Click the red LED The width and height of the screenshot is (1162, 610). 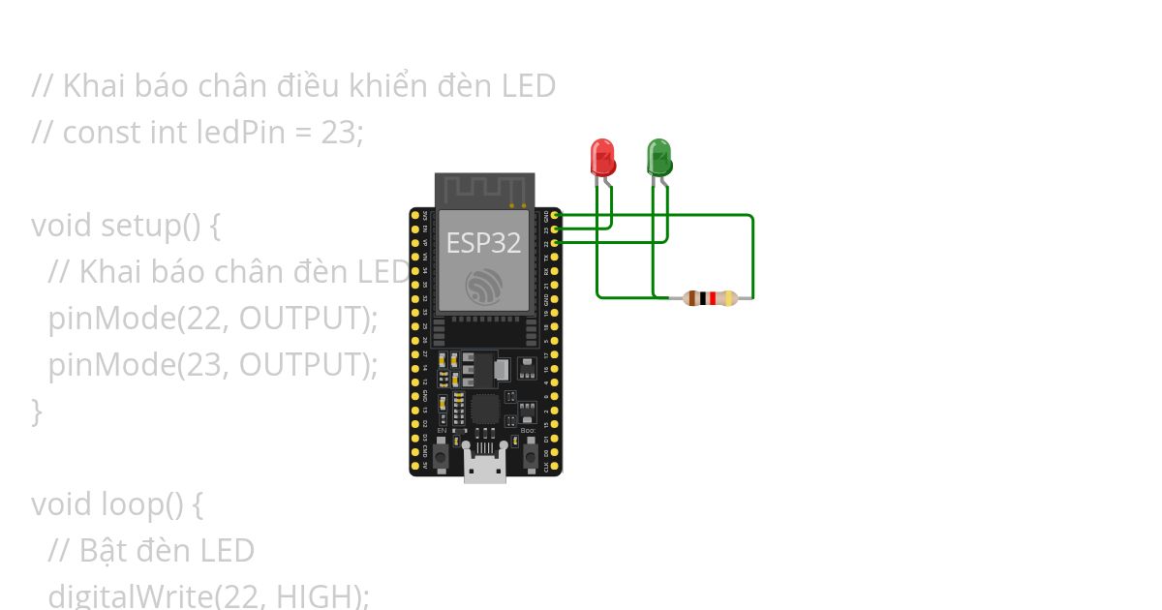(602, 156)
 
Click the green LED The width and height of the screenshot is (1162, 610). (658, 156)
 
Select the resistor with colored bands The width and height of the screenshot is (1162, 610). (710, 298)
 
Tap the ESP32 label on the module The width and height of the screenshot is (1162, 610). (483, 243)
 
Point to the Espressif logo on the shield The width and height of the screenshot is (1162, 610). (483, 287)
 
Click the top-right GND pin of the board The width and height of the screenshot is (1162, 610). (555, 215)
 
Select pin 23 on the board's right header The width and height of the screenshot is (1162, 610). (555, 229)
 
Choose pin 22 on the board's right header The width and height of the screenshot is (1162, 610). (555, 243)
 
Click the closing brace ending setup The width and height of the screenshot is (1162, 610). (37, 411)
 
